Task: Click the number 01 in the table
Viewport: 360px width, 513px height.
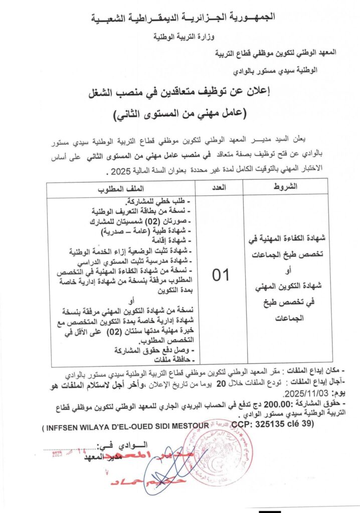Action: pos(220,275)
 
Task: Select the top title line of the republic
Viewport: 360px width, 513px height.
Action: pos(183,18)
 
